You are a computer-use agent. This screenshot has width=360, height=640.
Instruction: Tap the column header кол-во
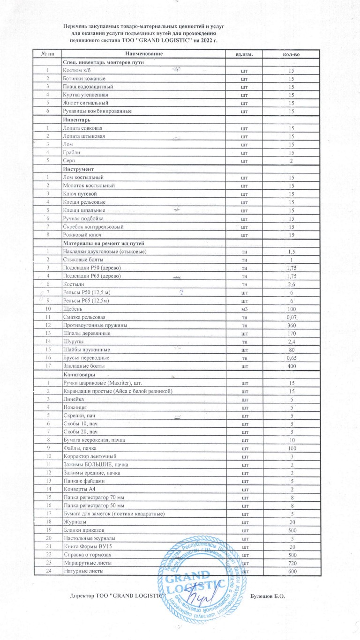(291, 55)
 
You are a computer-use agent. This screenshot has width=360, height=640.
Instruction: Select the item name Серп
(68, 161)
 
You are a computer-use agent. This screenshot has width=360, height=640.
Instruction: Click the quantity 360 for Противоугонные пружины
(291, 325)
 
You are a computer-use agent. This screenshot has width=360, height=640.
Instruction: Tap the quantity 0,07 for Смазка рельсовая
(291, 317)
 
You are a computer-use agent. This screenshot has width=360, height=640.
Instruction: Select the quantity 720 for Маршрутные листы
(291, 562)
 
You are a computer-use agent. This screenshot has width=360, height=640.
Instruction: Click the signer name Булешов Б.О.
(268, 596)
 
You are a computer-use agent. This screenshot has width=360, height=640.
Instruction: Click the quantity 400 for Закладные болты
(291, 365)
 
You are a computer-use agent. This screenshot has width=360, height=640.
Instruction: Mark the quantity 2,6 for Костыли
(291, 284)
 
